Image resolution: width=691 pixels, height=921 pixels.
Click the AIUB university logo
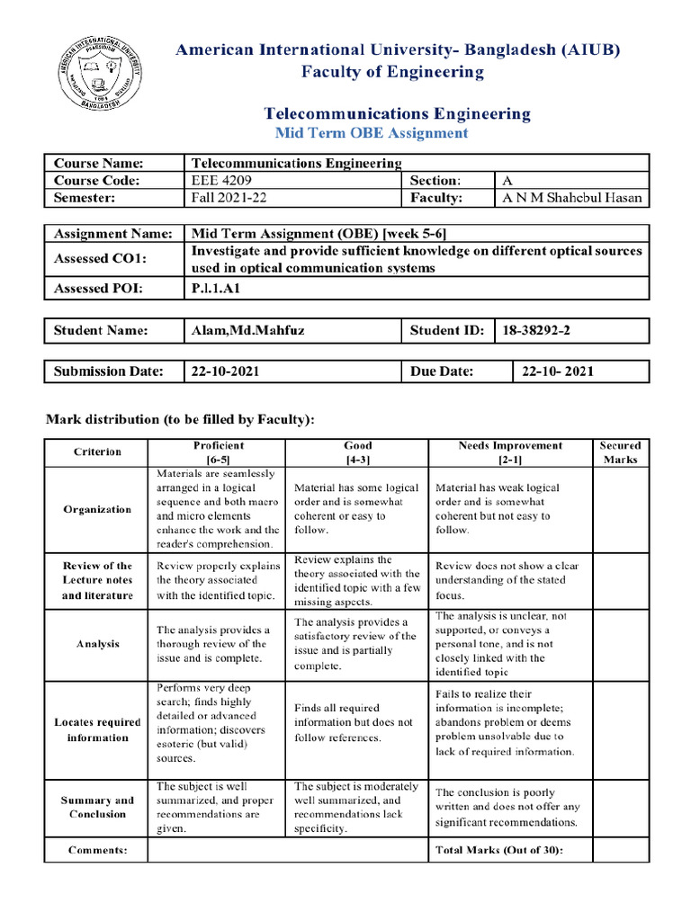coord(95,73)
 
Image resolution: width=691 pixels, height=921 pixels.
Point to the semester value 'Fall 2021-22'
coord(225,198)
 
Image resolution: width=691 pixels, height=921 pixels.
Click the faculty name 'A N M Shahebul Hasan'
coord(572,198)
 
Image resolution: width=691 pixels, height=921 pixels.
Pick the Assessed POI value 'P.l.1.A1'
coord(217,289)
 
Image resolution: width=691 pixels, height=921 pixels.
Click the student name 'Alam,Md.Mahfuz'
coord(247,331)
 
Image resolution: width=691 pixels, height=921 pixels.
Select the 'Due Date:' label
coord(442,371)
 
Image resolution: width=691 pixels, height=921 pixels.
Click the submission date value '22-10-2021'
coord(223,371)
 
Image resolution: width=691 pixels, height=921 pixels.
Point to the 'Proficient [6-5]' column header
coord(218,452)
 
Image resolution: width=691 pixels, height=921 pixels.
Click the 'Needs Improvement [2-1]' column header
coord(510,452)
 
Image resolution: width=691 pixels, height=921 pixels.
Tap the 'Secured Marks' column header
coord(620,452)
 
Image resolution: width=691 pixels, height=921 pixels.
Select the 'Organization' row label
coord(97,509)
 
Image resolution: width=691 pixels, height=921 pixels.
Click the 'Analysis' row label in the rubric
coord(97,644)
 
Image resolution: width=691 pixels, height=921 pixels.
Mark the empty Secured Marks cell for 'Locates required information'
coord(620,729)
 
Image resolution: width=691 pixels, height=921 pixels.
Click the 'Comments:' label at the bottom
coord(97,849)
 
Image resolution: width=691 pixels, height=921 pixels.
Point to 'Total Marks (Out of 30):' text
coord(499,849)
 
